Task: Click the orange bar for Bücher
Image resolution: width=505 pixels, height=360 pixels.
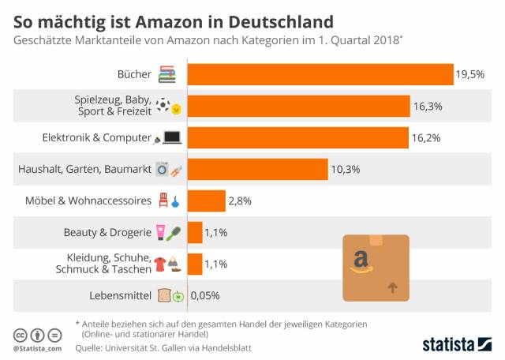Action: [320, 74]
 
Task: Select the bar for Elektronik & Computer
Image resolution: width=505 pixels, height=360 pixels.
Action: [298, 137]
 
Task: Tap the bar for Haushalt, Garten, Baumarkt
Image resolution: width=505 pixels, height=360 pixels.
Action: [257, 169]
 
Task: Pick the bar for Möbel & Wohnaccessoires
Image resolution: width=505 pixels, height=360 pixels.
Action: [206, 201]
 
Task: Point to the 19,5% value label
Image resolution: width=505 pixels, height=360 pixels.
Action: [469, 75]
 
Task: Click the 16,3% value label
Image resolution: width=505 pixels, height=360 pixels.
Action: [427, 106]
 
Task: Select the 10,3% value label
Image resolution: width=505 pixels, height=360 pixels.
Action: [345, 169]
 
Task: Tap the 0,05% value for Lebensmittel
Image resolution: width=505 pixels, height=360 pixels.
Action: [204, 295]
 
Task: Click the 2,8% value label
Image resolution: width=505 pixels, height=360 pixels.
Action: [240, 201]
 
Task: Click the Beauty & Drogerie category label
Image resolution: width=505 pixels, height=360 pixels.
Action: [107, 232]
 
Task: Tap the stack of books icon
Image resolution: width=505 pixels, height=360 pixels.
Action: [166, 75]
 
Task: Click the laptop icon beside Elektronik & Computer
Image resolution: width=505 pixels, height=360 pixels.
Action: [172, 138]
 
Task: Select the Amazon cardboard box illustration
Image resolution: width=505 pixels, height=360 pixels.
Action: [376, 267]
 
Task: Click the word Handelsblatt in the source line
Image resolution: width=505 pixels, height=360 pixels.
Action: [238, 346]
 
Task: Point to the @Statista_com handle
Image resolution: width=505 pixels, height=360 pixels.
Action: [38, 347]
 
